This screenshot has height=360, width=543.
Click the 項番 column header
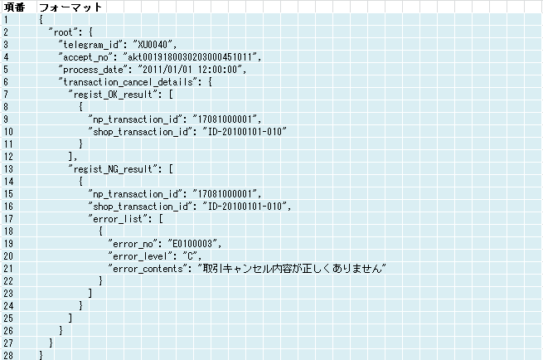(14, 7)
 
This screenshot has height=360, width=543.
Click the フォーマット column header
(70, 7)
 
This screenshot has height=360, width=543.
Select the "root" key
(63, 32)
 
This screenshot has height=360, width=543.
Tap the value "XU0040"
(153, 45)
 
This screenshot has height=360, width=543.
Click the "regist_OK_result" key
(113, 95)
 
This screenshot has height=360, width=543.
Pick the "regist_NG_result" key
(113, 169)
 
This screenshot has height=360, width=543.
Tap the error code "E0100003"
(192, 244)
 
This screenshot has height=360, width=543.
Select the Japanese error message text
(293, 269)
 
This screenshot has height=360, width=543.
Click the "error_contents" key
(148, 269)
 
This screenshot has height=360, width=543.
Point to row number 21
(8, 269)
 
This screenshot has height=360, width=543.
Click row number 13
(8, 169)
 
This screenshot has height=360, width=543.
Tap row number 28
(8, 355)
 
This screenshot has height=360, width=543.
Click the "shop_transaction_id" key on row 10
(140, 132)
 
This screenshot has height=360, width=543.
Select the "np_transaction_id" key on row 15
(135, 194)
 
